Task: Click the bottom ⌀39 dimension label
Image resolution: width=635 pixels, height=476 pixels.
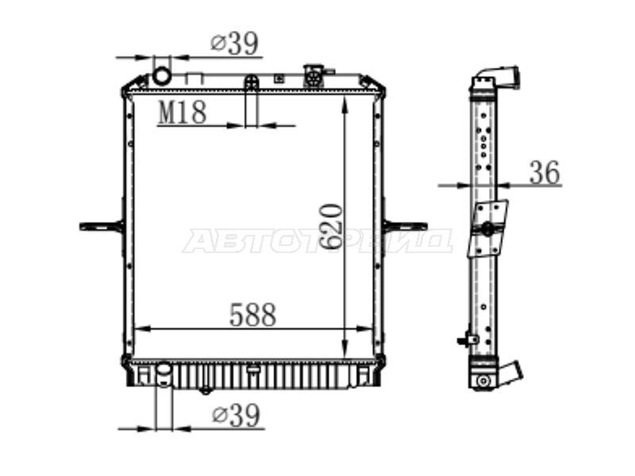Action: (236, 415)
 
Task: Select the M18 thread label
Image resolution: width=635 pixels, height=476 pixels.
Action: (183, 112)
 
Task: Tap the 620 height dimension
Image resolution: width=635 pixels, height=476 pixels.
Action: (331, 227)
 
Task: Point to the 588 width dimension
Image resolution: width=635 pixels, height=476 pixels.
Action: (252, 314)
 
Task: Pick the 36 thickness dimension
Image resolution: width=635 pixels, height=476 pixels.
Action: (545, 172)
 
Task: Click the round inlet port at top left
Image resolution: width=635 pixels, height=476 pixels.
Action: (162, 75)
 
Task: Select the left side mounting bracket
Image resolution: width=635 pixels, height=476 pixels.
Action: (102, 226)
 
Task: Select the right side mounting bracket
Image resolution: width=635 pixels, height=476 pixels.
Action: (405, 226)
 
